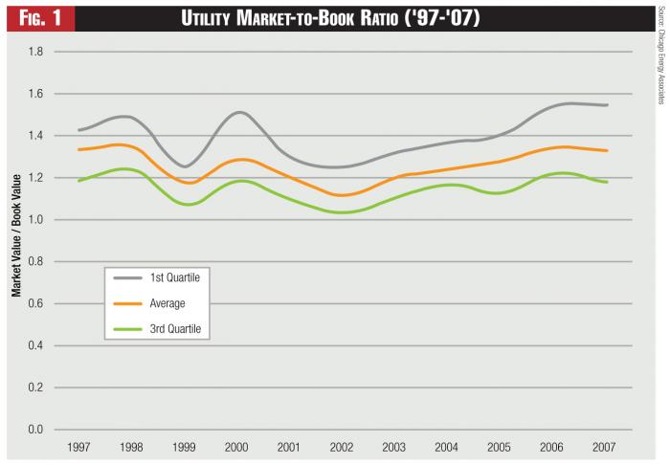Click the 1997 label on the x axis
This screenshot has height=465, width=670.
coord(78,447)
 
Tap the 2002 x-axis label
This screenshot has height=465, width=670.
coord(341,447)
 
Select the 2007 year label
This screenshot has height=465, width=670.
coord(605,447)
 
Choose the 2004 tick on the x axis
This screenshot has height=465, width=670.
coord(447,447)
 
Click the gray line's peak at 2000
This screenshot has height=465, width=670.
coord(238,112)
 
